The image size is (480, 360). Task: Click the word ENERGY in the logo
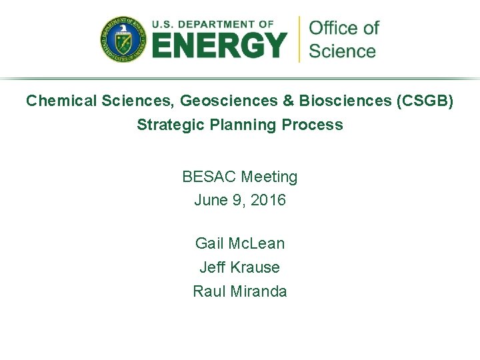(x=219, y=46)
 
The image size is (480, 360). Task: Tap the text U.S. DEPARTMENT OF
(x=213, y=24)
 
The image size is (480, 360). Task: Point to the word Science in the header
(x=343, y=51)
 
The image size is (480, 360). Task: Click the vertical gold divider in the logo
(x=299, y=39)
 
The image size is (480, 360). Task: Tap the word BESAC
(x=209, y=177)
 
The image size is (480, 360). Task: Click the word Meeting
(x=269, y=177)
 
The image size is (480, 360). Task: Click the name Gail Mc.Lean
(x=240, y=243)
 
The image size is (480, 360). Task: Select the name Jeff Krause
(x=240, y=267)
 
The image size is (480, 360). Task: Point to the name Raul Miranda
(x=240, y=291)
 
